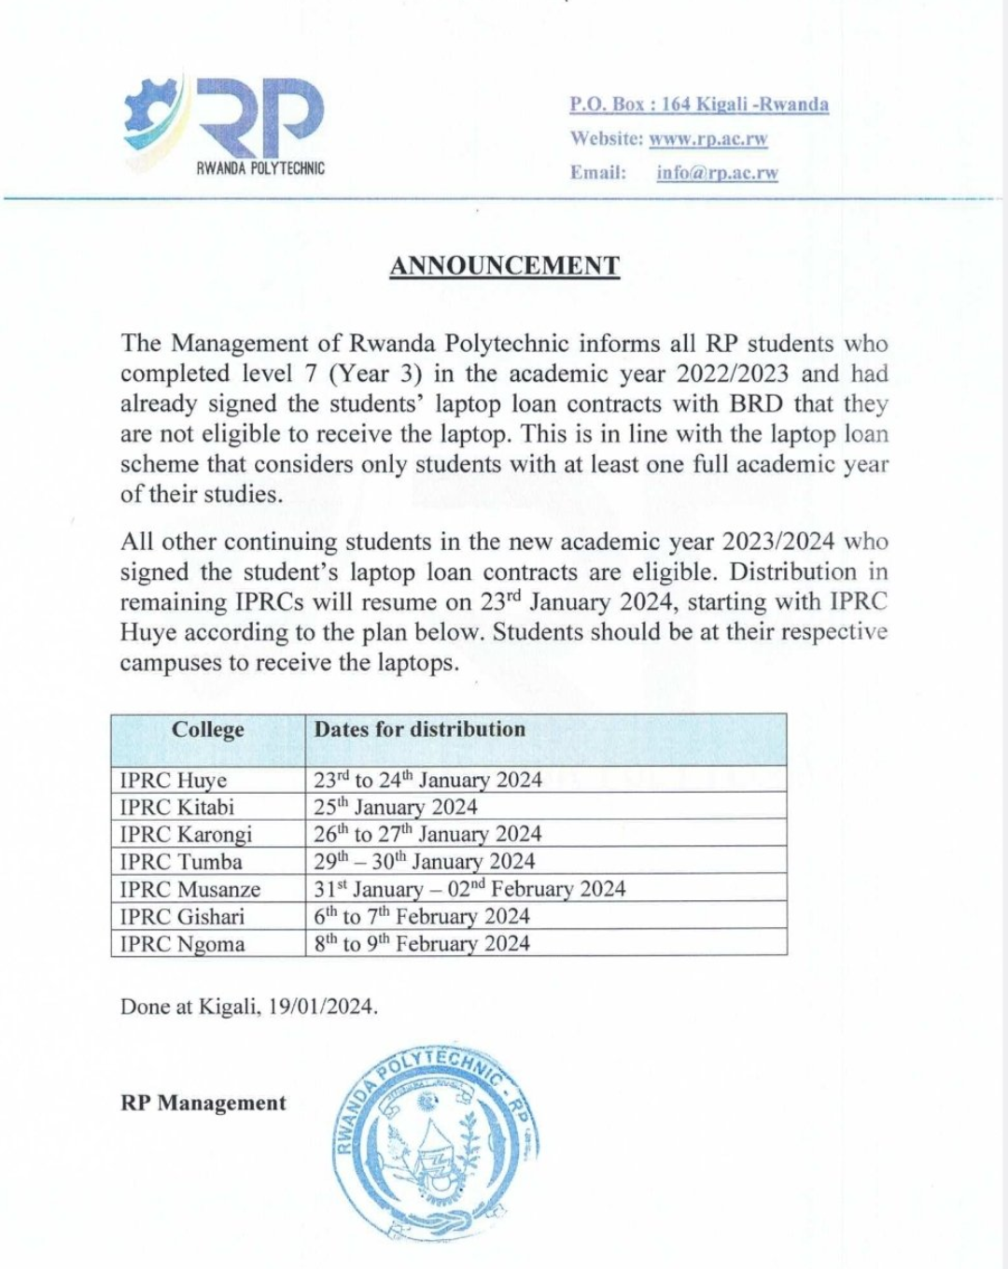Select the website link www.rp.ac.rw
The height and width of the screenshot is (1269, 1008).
click(x=708, y=139)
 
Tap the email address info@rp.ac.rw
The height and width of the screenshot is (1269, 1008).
click(x=717, y=173)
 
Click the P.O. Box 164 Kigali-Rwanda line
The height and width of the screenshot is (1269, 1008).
click(x=699, y=105)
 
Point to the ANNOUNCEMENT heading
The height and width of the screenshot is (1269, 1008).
click(x=504, y=266)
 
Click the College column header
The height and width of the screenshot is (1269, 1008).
click(x=207, y=730)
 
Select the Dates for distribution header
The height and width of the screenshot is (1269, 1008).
click(x=420, y=730)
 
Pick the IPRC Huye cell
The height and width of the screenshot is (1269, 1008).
click(x=174, y=781)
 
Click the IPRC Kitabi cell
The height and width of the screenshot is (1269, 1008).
click(x=177, y=808)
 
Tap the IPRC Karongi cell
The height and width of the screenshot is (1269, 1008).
click(x=187, y=835)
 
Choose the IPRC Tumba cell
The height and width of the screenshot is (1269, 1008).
click(x=181, y=862)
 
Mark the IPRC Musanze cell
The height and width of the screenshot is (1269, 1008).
click(x=190, y=890)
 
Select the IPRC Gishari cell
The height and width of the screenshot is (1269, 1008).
click(x=182, y=917)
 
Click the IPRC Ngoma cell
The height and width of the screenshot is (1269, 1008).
click(x=183, y=944)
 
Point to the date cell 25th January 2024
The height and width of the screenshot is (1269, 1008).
click(x=396, y=808)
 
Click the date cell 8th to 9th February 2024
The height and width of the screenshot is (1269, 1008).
click(x=422, y=944)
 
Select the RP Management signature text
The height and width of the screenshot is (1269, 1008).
click(x=203, y=1103)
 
